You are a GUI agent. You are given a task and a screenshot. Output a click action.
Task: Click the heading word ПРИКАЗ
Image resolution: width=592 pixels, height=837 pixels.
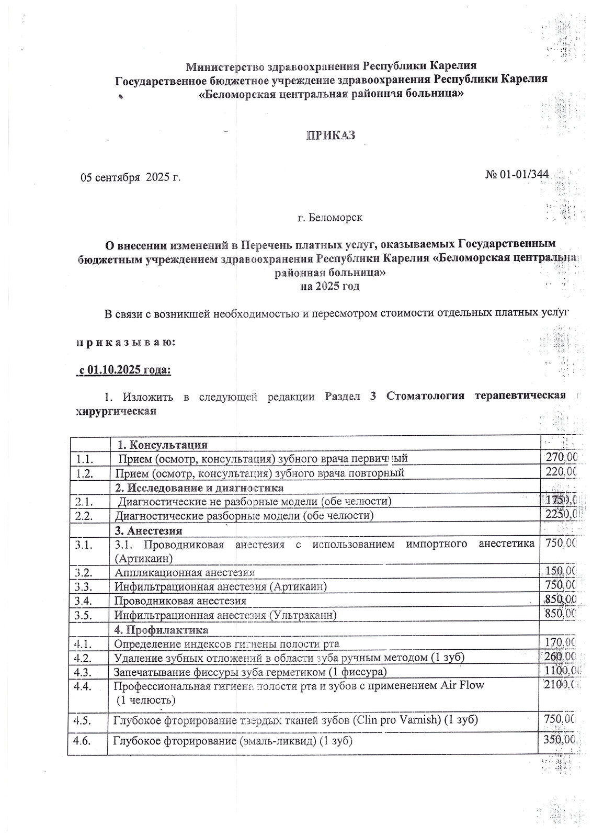click(x=330, y=135)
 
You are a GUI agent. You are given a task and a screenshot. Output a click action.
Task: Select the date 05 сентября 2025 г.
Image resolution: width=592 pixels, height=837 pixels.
click(x=130, y=177)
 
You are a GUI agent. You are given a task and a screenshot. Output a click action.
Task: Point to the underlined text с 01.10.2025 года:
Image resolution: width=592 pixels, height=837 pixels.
click(x=124, y=370)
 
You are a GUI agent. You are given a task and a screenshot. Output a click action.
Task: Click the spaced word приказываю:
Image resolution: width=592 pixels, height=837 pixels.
click(x=125, y=343)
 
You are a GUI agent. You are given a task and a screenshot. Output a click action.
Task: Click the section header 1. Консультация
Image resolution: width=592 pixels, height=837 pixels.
click(x=163, y=445)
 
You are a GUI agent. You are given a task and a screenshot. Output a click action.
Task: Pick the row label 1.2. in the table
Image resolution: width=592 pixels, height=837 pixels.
click(x=84, y=473)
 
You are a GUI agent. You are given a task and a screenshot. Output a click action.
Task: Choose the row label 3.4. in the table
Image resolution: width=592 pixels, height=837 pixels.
click(x=84, y=601)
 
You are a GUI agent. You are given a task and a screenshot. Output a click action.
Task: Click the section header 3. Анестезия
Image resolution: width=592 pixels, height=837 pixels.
click(x=149, y=530)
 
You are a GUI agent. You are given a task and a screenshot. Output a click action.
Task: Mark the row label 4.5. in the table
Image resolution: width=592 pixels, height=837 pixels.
click(x=84, y=720)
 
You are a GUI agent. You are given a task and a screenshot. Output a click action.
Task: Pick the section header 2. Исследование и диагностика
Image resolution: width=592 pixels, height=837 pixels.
click(x=199, y=488)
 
